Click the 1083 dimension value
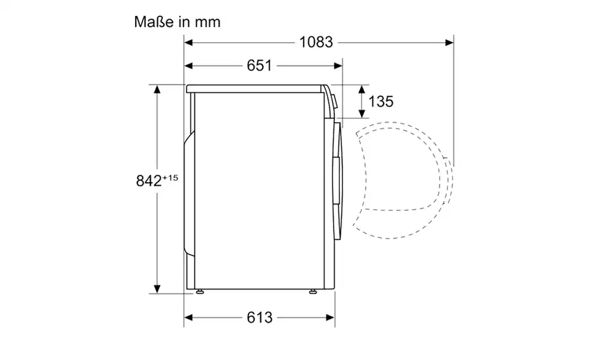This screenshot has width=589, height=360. click(316, 42)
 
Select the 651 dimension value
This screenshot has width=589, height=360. click(259, 66)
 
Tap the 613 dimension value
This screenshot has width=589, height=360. click(259, 318)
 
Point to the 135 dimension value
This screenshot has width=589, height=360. click(381, 101)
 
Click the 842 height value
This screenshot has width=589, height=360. click(148, 181)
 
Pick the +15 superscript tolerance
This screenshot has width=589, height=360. click(170, 178)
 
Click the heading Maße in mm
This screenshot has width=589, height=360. click(177, 22)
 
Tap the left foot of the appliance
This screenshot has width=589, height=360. click(200, 291)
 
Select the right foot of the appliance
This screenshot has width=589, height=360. click(312, 291)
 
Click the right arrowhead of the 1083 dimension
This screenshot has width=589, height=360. click(449, 42)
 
